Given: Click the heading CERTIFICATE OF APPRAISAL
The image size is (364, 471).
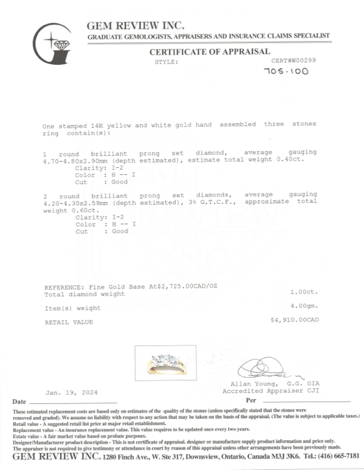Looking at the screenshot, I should click(209, 52).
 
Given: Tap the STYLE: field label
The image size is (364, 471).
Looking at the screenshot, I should click(167, 61).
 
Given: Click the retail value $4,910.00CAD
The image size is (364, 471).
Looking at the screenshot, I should click(294, 319).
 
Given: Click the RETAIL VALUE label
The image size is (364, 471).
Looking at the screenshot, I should click(69, 322).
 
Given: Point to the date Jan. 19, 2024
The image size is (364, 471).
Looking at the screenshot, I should click(72, 393).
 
